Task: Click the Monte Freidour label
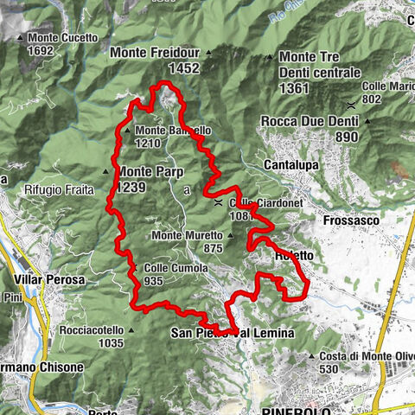(155, 52)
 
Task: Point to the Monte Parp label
(146, 171)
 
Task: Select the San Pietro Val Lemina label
(233, 333)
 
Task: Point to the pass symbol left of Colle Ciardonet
(219, 202)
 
